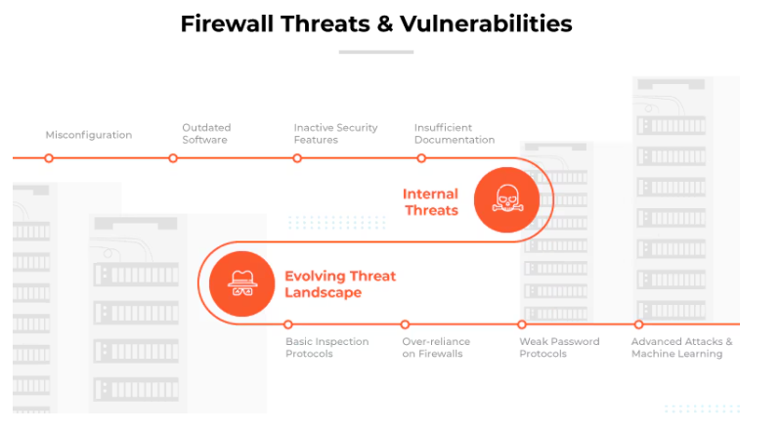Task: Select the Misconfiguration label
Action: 88,135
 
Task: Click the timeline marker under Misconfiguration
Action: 49,157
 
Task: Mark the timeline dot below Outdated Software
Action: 173,157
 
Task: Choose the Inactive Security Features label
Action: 335,134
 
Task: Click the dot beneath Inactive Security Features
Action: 297,157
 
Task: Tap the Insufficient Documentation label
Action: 455,134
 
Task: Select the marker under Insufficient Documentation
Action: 421,157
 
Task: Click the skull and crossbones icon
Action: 506,199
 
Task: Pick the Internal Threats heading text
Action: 430,202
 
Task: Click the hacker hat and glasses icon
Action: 240,283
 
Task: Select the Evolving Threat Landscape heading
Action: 339,284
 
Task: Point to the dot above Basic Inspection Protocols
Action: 287,324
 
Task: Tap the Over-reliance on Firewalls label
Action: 436,347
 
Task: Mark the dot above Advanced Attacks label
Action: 638,324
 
